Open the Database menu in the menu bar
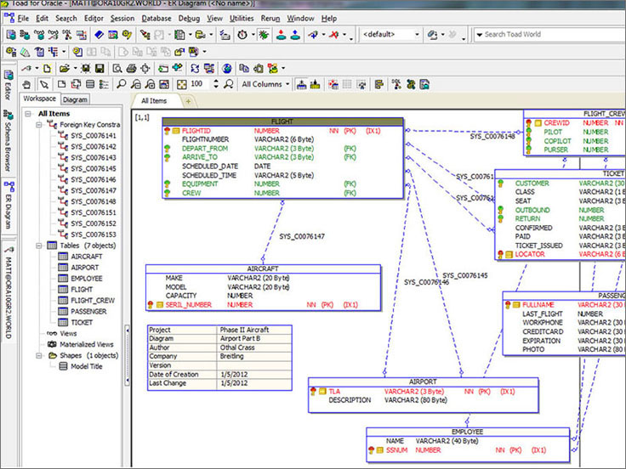(x=156, y=18)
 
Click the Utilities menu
(x=242, y=18)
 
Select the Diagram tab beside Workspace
(x=75, y=99)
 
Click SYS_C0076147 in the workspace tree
(x=93, y=190)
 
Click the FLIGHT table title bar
(x=282, y=121)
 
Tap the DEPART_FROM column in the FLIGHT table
(x=204, y=149)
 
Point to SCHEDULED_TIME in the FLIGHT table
(x=210, y=175)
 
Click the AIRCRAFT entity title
(x=263, y=268)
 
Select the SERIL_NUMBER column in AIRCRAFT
(x=190, y=304)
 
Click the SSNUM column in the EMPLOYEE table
(x=397, y=450)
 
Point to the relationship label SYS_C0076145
(x=464, y=275)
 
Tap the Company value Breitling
(x=239, y=356)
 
